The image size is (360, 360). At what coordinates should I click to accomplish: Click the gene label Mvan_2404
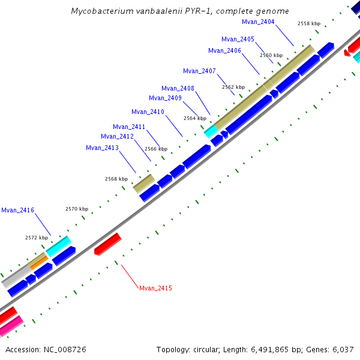tap(258, 22)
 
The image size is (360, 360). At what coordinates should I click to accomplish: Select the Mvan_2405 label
tap(238, 39)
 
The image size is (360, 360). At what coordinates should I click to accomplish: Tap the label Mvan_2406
tap(224, 50)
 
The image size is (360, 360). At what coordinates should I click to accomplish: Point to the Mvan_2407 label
tap(199, 71)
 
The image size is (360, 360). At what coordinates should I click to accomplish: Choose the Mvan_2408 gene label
tap(178, 88)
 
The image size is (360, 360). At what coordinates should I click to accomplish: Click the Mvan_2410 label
tap(148, 112)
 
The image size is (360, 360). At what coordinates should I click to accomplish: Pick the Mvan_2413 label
tap(102, 148)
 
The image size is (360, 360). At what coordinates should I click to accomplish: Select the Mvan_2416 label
tap(17, 210)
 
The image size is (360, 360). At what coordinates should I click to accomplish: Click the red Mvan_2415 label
tap(155, 289)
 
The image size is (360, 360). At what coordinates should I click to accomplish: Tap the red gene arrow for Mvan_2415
tap(108, 244)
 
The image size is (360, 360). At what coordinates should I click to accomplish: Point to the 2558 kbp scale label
tap(309, 23)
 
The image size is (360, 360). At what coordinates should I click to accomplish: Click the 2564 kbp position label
tap(194, 118)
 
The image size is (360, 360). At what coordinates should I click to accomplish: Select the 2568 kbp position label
tap(116, 179)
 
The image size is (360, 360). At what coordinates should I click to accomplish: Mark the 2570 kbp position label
tap(77, 209)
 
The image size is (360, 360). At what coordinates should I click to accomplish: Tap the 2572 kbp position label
tap(36, 238)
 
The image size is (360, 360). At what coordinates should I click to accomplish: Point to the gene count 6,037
tap(342, 349)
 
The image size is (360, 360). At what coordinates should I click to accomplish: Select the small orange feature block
tap(38, 262)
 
